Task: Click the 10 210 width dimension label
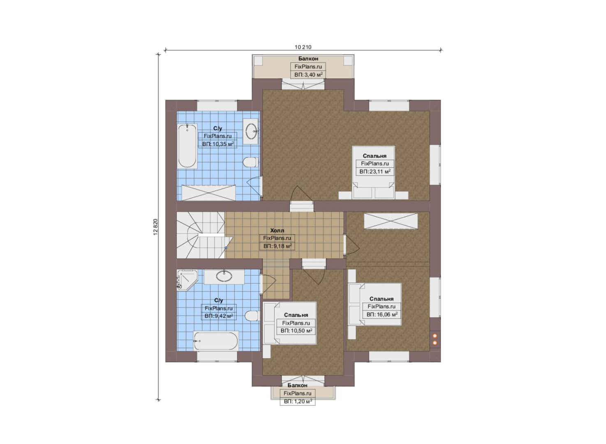pos(303,47)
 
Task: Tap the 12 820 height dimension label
pos(155,227)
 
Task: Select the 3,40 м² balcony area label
pos(308,75)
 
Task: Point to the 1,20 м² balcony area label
pos(298,402)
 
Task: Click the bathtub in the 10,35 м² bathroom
pos(187,146)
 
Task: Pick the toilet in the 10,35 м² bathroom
pos(250,162)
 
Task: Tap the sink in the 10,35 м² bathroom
pos(251,131)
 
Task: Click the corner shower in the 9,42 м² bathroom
pos(187,280)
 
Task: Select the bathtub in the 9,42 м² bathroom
pos(216,341)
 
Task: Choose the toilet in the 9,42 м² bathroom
pos(252,316)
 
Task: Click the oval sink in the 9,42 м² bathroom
pos(224,276)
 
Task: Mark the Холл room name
pos(277,231)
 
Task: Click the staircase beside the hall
pos(201,235)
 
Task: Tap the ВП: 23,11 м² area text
pos(375,171)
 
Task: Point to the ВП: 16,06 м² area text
pos(382,314)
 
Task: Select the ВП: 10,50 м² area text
pos(296,331)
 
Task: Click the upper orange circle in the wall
pos(435,336)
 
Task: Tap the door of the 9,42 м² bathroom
pos(268,284)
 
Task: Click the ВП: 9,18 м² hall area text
pos(277,246)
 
